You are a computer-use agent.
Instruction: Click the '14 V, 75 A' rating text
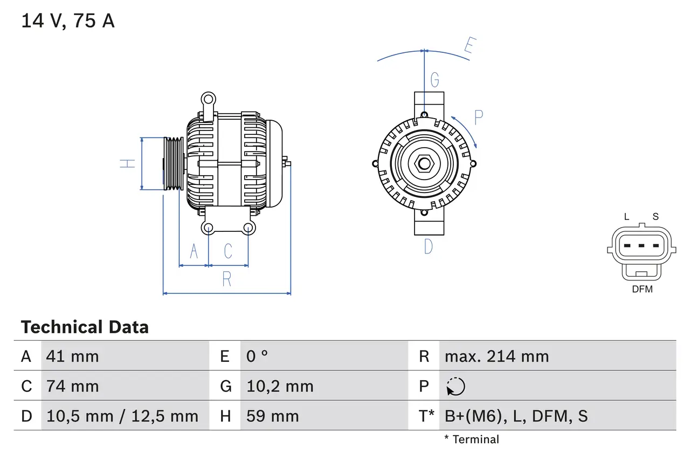pos(68,21)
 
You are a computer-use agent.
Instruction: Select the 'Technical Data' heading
pos(85,327)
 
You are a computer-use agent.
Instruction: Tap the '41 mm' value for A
pos(73,356)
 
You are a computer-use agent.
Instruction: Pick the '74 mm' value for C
pos(73,386)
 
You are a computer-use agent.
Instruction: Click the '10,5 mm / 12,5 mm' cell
pos(122,416)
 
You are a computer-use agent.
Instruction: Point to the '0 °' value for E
pos(257,356)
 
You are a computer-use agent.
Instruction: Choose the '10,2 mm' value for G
pos(280,386)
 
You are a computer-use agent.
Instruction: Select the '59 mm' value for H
pos(272,416)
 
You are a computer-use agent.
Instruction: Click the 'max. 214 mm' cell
pos(496,356)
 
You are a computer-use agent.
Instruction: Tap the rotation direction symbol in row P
pos(456,387)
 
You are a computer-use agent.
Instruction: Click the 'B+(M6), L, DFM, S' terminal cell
pos(516,416)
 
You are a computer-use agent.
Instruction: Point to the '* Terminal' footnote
pos(472,440)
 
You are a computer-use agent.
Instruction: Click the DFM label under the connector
pos(642,290)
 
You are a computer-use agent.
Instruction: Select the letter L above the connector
pos(626,217)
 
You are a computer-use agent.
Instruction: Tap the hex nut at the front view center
pos(424,163)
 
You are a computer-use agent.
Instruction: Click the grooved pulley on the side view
pos(174,163)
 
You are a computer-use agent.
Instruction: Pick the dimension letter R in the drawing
pos(227,279)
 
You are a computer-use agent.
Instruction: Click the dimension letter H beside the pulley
pos(128,163)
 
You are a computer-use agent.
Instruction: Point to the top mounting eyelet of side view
pos(208,99)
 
